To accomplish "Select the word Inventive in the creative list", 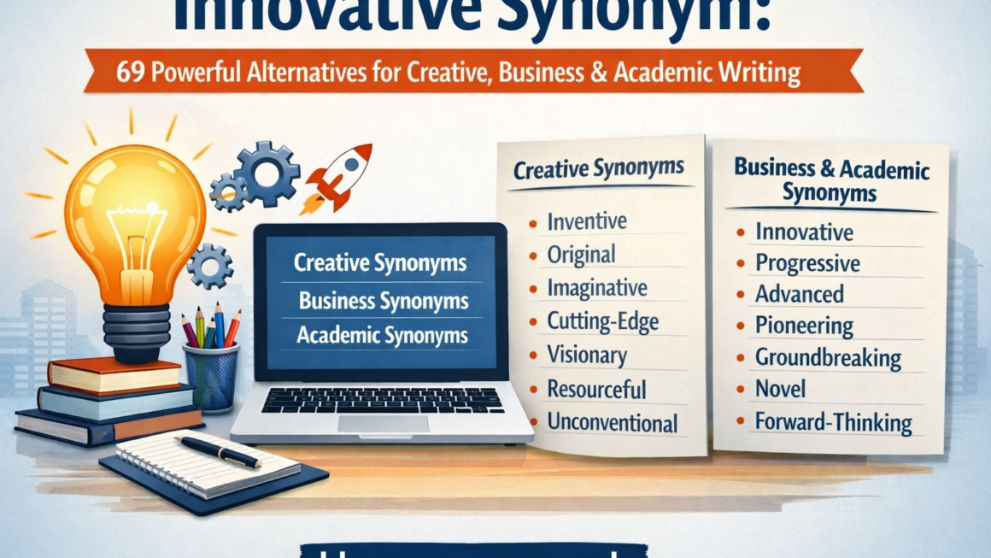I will click(x=586, y=221).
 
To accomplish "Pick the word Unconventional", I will click(x=612, y=422).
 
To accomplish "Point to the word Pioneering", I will click(x=804, y=326).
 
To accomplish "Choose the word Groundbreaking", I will click(x=828, y=357).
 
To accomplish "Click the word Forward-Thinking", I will click(x=833, y=421).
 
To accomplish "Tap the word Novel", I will click(x=780, y=389).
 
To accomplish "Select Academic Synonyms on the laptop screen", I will click(x=382, y=336).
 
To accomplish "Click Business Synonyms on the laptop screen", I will click(x=383, y=301).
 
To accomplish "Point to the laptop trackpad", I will click(x=383, y=424).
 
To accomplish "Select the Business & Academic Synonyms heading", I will click(x=830, y=180).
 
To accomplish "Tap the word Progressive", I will click(x=807, y=263).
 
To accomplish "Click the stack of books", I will click(x=107, y=402).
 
